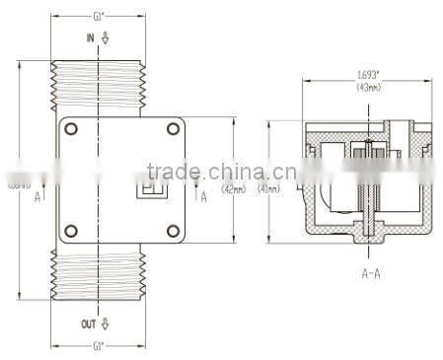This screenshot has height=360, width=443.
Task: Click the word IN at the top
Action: [x=91, y=37]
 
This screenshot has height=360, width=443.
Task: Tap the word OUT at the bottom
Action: [x=88, y=324]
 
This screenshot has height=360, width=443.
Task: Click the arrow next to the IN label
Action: [x=106, y=37]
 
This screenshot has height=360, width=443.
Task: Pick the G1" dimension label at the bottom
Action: [x=99, y=347]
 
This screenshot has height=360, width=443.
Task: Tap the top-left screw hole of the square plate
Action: [x=71, y=128]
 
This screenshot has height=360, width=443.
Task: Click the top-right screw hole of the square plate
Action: [x=173, y=128]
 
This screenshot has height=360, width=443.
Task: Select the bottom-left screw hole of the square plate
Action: [x=71, y=232]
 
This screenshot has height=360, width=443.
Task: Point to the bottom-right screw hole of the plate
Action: [x=173, y=232]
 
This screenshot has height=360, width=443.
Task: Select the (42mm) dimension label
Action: [x=234, y=188]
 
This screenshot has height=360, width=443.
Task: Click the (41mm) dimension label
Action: [x=267, y=188]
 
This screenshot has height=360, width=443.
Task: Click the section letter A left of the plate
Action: [x=37, y=196]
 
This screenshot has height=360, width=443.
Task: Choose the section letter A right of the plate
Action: [x=203, y=196]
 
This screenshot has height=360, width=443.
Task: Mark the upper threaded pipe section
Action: [x=99, y=84]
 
